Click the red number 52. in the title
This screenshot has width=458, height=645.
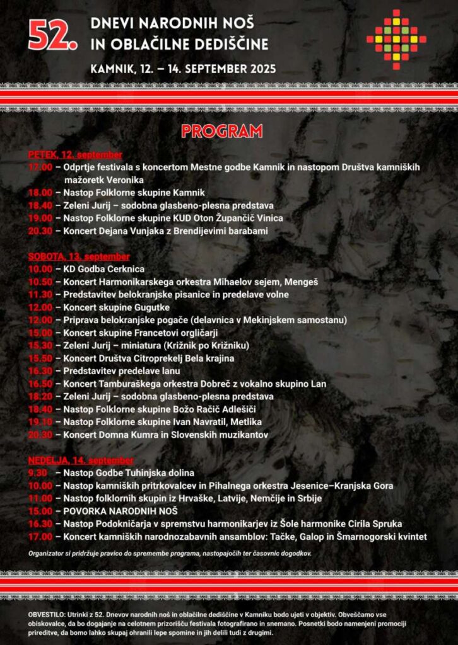(53, 38)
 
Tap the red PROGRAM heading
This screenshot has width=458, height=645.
(221, 131)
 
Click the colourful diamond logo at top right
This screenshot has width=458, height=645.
(396, 39)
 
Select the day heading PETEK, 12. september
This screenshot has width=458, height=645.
(75, 155)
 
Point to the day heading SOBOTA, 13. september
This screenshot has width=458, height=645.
(79, 257)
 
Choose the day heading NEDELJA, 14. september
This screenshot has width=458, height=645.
(81, 460)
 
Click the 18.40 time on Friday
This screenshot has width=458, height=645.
(40, 205)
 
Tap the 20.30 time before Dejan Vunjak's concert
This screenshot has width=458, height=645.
(40, 231)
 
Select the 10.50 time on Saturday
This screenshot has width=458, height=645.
(40, 282)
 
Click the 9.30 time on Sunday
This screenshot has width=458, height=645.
(38, 473)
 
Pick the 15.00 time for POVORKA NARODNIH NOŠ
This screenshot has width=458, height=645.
(40, 511)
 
